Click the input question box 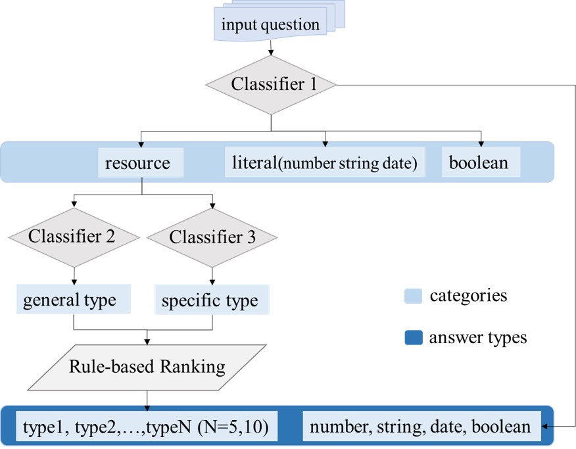[270, 26]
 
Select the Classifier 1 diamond [271, 85]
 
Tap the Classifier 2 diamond [72, 237]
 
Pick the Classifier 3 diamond [212, 237]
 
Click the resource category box [137, 162]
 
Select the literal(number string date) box [325, 162]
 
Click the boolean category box [479, 162]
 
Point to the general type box [70, 300]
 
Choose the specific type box [210, 301]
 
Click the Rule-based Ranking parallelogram [147, 367]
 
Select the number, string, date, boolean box [420, 427]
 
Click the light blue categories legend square [412, 297]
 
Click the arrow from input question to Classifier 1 [270, 49]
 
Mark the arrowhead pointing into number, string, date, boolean [546, 427]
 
